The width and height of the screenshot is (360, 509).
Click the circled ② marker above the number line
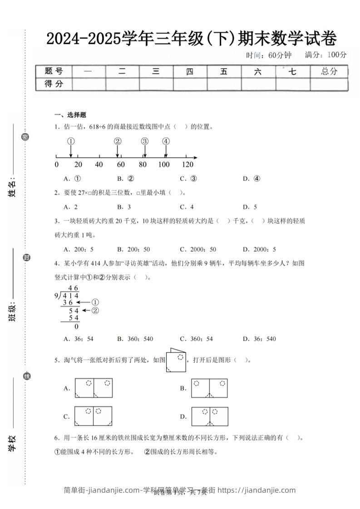pos(118,141)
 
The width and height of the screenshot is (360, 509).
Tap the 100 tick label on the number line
pos(164,164)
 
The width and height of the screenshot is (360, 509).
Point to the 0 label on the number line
pos(56,164)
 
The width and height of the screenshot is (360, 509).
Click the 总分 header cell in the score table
pos(329,71)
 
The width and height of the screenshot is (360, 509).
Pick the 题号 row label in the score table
pos(54,71)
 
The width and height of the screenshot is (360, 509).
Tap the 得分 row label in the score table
pos(54,84)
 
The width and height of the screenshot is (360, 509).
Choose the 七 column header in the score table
pos(293,71)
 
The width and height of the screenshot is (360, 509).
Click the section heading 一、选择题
pos(70,115)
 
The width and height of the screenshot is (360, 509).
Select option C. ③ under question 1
pos(188,179)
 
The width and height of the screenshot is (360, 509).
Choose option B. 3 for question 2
pos(123,207)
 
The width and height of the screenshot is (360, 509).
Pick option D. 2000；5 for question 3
pos(259,249)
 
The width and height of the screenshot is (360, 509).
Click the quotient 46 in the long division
pos(73,288)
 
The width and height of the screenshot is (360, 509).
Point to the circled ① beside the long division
pos(95,302)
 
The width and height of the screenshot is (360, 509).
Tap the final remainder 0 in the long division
pos(76,326)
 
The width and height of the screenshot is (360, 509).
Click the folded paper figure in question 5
pos(177,361)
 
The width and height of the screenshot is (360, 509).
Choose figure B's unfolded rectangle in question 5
pos(209,388)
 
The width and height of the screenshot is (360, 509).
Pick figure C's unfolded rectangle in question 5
pos(93,416)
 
